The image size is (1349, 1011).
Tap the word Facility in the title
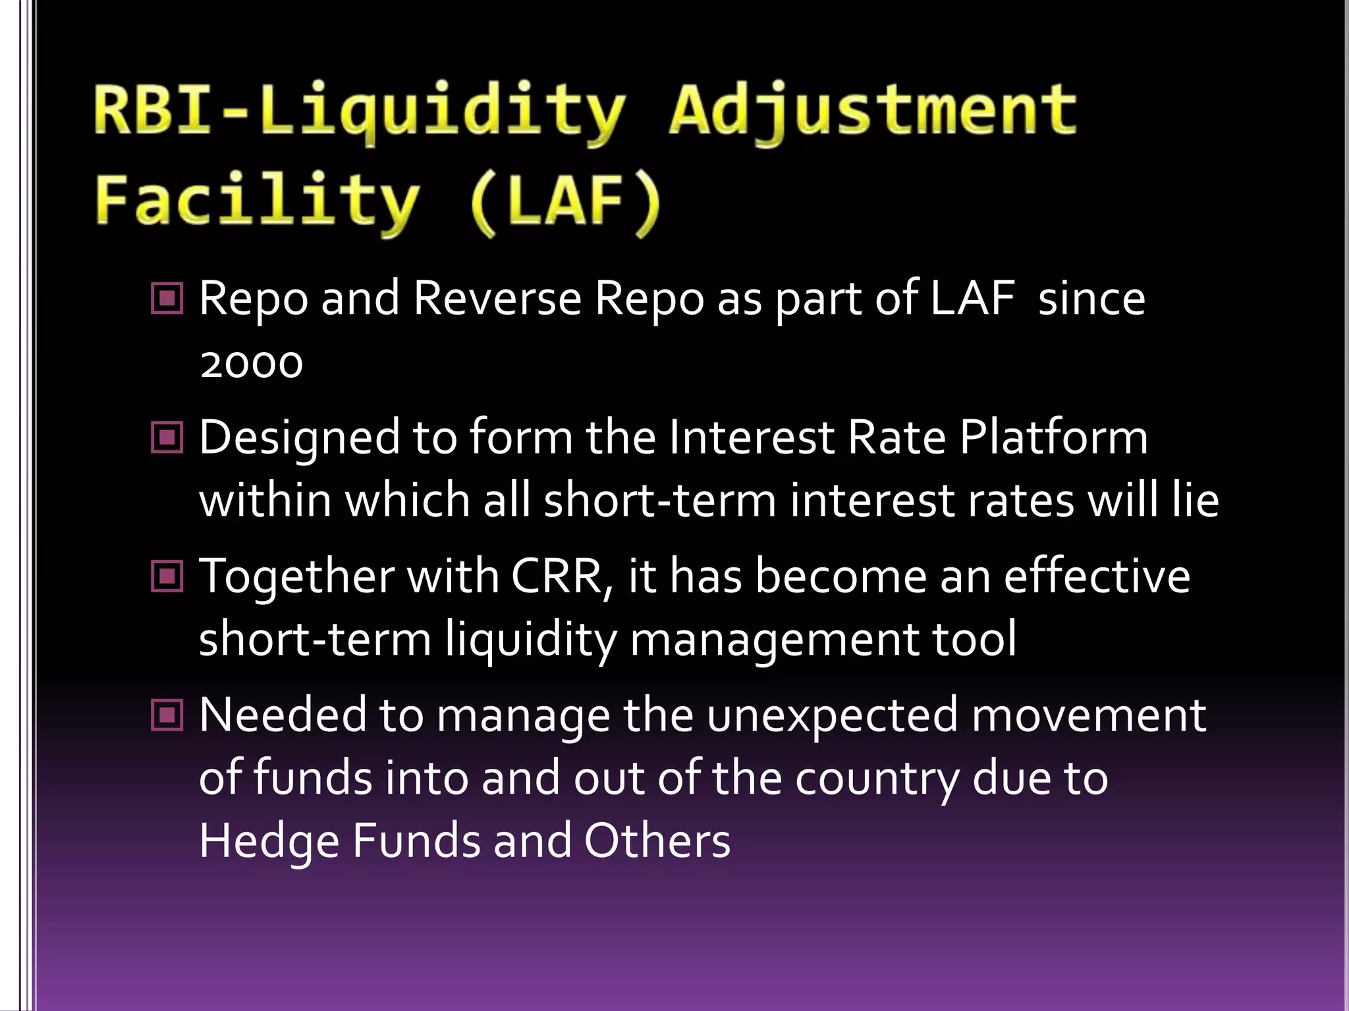[x=257, y=201]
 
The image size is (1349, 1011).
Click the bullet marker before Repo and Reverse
[x=167, y=299]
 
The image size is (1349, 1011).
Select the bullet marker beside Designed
[x=167, y=437]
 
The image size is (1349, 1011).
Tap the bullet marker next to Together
[x=167, y=576]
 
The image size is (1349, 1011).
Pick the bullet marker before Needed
[x=167, y=715]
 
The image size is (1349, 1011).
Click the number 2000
[x=251, y=363]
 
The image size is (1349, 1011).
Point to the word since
[x=1091, y=299]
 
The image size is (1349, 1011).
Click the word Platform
[x=1053, y=437]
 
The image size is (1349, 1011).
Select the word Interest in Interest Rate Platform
[x=751, y=437]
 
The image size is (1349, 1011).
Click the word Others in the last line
[x=657, y=841]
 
